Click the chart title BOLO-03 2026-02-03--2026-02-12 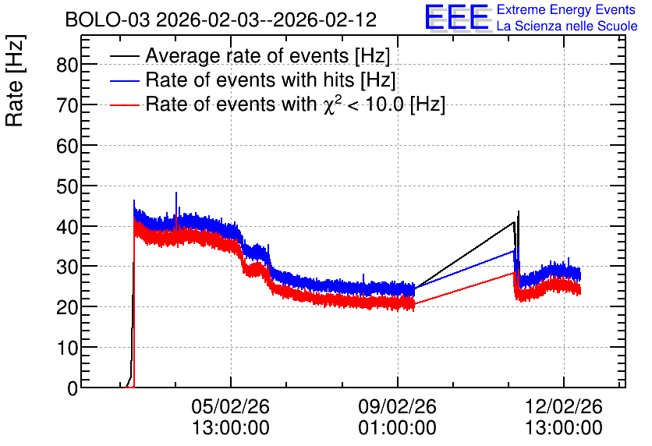221,19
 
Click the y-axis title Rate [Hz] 15,80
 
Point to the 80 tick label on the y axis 67,65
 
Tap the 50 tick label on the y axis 67,186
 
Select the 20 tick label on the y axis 67,307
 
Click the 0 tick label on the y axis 73,388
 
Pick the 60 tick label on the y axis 67,146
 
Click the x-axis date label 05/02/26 230,406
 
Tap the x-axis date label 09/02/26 398,406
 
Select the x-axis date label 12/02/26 564,406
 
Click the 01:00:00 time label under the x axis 398,428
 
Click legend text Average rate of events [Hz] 268,55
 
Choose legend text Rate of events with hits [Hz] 271,80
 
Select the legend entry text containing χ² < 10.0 296,104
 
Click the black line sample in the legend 125,56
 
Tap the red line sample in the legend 125,104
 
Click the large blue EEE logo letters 456,17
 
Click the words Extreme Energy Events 566,9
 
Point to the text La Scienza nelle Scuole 567,26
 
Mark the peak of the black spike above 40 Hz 519,211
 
